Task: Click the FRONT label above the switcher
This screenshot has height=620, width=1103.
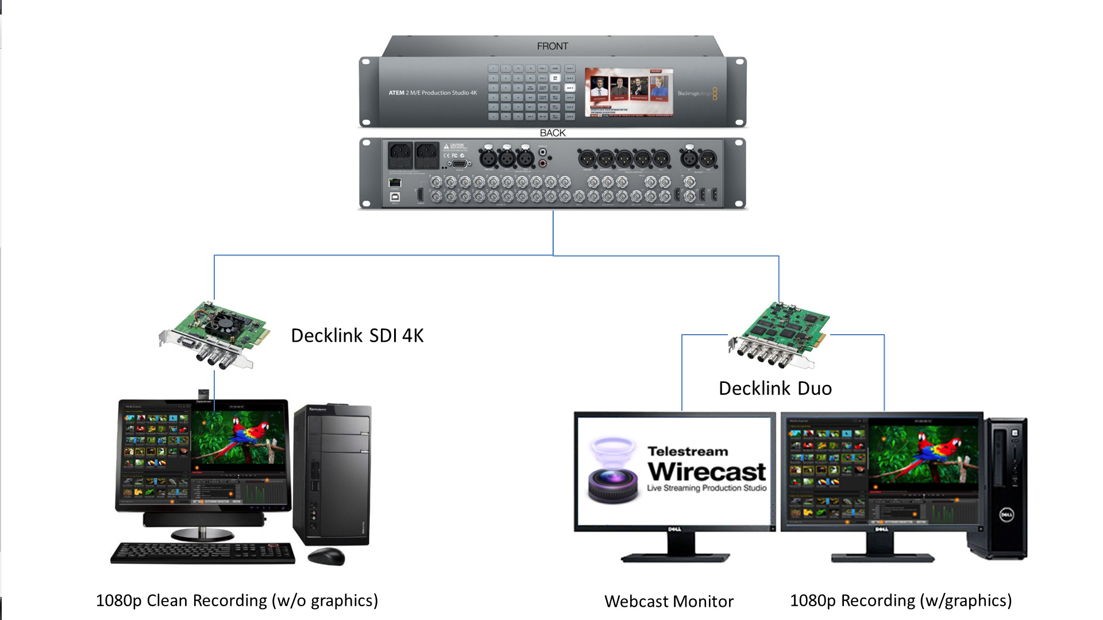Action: coord(552,46)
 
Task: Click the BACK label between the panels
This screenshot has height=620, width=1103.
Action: coord(552,133)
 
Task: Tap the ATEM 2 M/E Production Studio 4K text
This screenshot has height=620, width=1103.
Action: coord(433,93)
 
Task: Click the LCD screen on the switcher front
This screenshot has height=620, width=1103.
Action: coord(628,92)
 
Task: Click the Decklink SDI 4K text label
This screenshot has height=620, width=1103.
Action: coord(357,336)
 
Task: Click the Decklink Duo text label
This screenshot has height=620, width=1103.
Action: coord(775,389)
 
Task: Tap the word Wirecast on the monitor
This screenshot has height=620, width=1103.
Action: coord(707,472)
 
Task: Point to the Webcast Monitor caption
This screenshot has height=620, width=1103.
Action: coord(669,602)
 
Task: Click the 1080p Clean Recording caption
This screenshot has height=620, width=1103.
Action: coord(237,601)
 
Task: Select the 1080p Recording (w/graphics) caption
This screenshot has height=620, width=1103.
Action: coord(900,601)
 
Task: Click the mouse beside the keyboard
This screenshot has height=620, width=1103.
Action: coord(326,556)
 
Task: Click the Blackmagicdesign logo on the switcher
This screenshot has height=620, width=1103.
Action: coord(696,94)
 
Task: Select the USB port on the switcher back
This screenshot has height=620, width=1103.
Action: coord(395,197)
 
